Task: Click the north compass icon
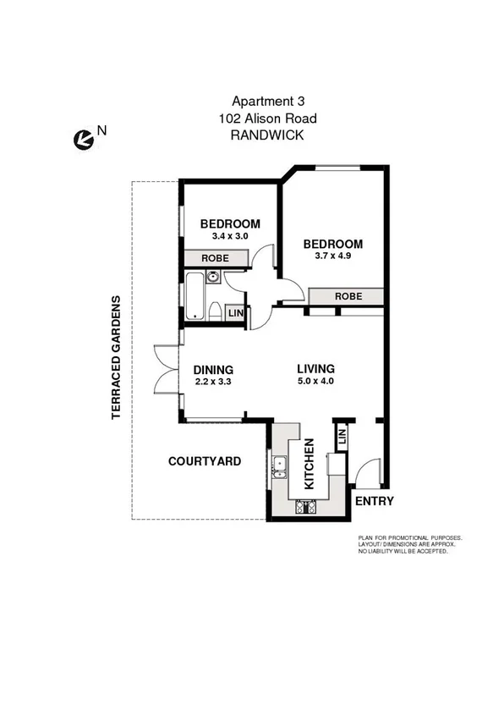[82, 140]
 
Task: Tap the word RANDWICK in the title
[266, 135]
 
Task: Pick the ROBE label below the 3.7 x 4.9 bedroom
[348, 296]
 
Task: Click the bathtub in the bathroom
[194, 296]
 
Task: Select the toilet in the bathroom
[215, 312]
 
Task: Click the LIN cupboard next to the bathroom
[236, 314]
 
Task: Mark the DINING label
[213, 370]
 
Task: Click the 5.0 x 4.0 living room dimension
[315, 382]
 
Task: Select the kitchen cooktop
[304, 508]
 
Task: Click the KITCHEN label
[310, 464]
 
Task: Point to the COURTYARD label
[205, 461]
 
